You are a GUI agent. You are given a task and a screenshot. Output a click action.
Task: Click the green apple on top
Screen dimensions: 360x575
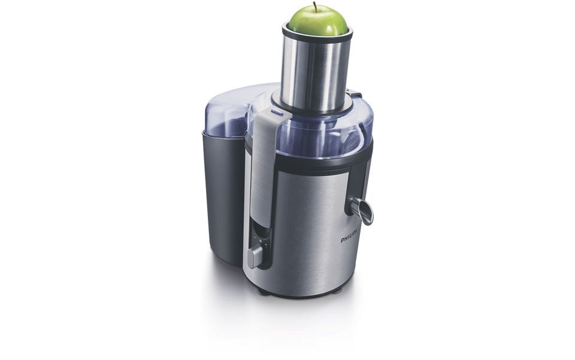coord(317,22)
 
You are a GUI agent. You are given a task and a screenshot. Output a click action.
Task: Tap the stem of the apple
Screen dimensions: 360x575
coord(314,5)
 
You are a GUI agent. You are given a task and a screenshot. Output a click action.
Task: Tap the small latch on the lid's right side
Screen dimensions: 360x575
coord(356,94)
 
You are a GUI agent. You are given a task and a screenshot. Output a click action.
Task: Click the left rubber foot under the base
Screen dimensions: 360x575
coord(262,290)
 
